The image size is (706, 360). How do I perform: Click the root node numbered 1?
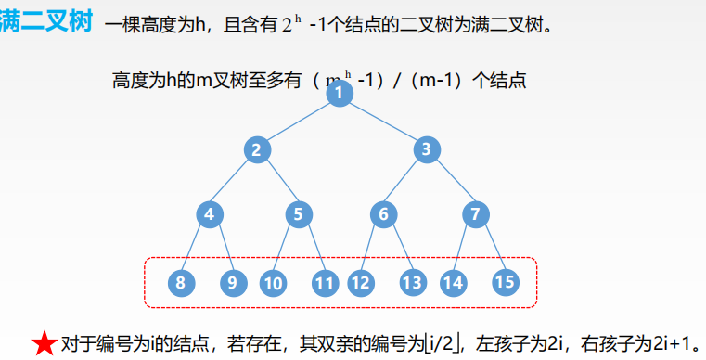pyautogui.click(x=340, y=93)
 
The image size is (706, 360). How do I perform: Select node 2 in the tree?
pyautogui.click(x=257, y=149)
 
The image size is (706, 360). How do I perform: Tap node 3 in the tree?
pyautogui.click(x=425, y=149)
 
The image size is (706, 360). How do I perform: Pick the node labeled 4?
pyautogui.click(x=210, y=215)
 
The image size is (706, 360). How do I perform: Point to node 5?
pyautogui.click(x=298, y=215)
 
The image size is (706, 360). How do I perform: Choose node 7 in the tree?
pyautogui.click(x=475, y=215)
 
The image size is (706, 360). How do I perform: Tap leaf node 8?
pyautogui.click(x=180, y=282)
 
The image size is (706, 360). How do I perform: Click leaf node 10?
pyautogui.click(x=273, y=282)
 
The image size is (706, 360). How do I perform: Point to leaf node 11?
pyautogui.click(x=324, y=282)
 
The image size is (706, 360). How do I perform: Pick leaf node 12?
pyautogui.click(x=360, y=282)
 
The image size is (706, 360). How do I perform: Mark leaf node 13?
pyautogui.click(x=412, y=282)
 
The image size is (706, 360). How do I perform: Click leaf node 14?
pyautogui.click(x=453, y=282)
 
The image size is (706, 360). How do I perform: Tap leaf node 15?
pyautogui.click(x=505, y=282)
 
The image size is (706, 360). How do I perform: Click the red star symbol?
pyautogui.click(x=44, y=343)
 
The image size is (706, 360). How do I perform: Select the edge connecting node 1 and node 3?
pyautogui.click(x=382, y=122)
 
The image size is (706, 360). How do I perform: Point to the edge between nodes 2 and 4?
pyautogui.click(x=234, y=182)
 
